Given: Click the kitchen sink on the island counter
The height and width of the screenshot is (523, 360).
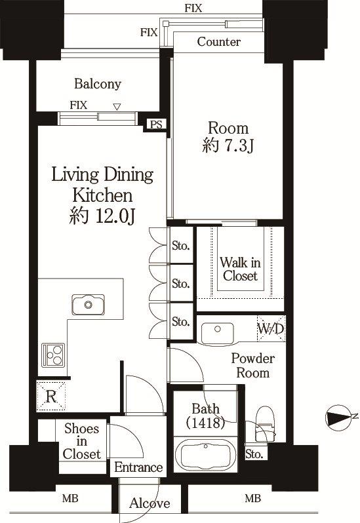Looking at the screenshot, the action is (88, 304).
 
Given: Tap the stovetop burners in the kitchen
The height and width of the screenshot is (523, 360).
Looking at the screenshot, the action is (53, 355).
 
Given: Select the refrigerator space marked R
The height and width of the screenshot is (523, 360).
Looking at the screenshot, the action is (51, 397).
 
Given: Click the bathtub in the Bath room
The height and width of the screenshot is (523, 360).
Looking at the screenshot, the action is (205, 455).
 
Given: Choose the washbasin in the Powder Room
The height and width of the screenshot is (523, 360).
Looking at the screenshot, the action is (218, 333).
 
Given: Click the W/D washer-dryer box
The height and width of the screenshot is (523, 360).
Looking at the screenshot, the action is (271, 329).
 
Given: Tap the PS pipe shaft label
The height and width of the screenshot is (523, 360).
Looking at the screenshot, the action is (156, 125).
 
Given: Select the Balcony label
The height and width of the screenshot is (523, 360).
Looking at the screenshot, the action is (98, 84).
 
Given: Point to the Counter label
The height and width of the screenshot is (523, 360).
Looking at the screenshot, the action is (218, 42).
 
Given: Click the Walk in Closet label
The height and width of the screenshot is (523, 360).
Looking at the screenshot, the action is (240, 269).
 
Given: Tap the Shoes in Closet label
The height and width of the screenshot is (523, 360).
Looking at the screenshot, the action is (82, 441).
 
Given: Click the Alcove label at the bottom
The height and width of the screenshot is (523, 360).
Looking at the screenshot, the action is (150, 503).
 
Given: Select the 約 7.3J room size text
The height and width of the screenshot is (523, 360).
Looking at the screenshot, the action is (228, 145).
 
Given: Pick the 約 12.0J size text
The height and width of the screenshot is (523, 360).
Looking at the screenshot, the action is (102, 216).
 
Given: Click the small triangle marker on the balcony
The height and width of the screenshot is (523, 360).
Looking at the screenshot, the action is (117, 107).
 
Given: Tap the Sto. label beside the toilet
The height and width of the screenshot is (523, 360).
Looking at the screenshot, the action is (254, 454).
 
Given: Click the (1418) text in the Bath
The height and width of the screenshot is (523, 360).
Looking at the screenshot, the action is (205, 423).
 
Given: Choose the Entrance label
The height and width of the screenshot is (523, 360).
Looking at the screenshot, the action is (138, 467).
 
